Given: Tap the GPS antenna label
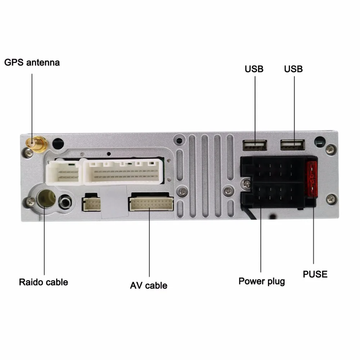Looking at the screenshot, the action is (x=32, y=62).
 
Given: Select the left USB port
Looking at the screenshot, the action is (x=255, y=145).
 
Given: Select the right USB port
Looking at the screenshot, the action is (x=293, y=145).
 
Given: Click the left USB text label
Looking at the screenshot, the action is (x=254, y=69).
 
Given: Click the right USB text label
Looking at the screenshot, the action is (x=293, y=69).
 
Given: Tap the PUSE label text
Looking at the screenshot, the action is (x=315, y=274).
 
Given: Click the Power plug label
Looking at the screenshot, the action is (x=262, y=281).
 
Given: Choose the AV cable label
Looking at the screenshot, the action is (x=149, y=285).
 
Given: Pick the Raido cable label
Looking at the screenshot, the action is (x=44, y=282).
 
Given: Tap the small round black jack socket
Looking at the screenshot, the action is (x=65, y=202).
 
